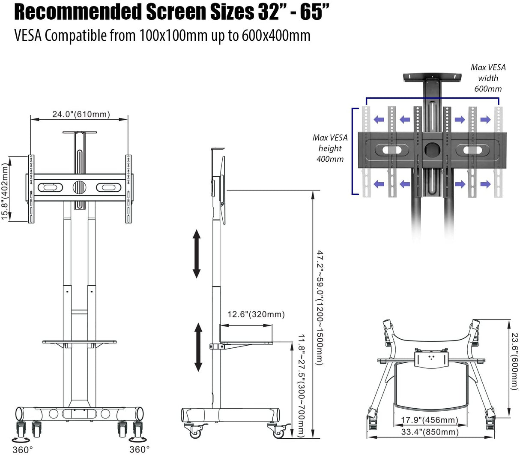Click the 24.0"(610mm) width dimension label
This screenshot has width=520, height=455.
[x=81, y=114]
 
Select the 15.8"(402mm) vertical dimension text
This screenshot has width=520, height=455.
[x=5, y=191]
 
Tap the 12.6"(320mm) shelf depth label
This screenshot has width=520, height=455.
[x=256, y=314]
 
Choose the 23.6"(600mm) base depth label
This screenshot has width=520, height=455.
[x=514, y=362]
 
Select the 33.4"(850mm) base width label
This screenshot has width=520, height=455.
[x=429, y=431]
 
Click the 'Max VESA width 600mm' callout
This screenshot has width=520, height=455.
[x=488, y=78]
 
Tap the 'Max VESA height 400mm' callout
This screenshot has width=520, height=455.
[x=330, y=148]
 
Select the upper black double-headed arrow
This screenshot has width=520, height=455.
[x=197, y=253]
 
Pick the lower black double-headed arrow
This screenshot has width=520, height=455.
[x=198, y=347]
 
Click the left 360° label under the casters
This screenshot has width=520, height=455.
[x=23, y=449]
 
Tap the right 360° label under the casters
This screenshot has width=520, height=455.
[x=140, y=449]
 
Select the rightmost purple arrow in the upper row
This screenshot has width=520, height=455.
[x=485, y=120]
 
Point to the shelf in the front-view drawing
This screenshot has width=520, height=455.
[x=79, y=342]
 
